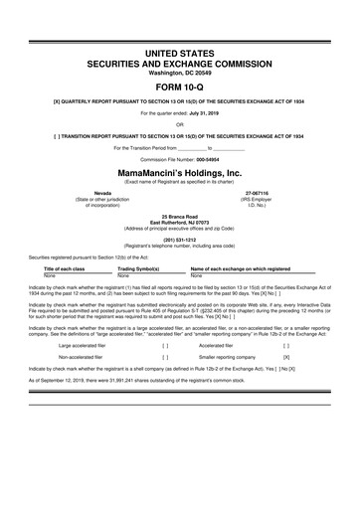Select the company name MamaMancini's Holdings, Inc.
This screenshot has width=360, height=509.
[x=180, y=171]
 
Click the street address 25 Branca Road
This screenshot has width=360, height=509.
[x=180, y=215]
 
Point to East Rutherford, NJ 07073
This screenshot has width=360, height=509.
[x=180, y=221]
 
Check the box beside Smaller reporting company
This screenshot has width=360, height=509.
[x=286, y=355]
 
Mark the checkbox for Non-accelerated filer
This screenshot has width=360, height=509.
[x=164, y=355]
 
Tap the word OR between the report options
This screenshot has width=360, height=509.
[x=180, y=124]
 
